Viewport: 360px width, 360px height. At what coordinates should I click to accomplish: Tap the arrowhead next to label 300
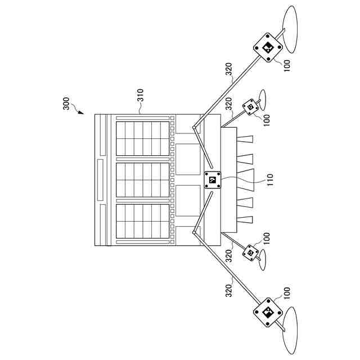pos(80,112)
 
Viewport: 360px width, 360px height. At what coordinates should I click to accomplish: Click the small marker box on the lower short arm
pos(249,253)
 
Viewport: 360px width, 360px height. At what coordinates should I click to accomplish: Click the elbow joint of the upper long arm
pos(194,128)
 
